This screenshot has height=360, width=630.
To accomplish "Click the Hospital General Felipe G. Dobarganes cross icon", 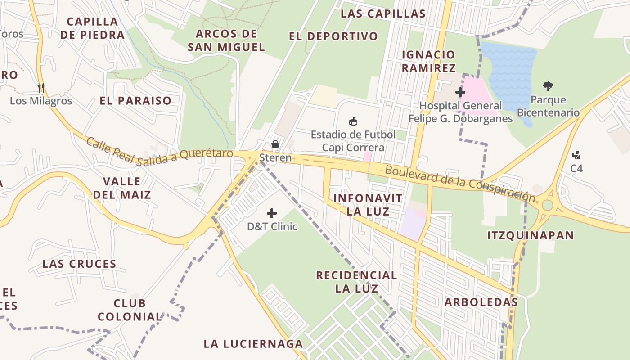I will click(x=460, y=92).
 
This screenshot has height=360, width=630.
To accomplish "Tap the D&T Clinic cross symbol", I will click(x=272, y=213).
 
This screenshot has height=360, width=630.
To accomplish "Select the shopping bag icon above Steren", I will click(x=275, y=144).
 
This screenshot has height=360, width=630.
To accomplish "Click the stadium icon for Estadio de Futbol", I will click(x=353, y=121).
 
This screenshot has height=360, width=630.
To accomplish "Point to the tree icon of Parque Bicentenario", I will click(x=548, y=86).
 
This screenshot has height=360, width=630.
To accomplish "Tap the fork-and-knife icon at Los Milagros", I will click(x=41, y=87).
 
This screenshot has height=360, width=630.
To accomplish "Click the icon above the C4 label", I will click(x=576, y=155).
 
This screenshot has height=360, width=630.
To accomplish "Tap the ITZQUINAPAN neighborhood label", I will click(x=531, y=235).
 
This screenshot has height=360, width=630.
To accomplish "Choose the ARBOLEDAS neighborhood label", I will click(x=481, y=302).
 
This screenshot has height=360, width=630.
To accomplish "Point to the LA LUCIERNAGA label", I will click(x=253, y=344).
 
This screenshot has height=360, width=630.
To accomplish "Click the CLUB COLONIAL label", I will click(x=130, y=310).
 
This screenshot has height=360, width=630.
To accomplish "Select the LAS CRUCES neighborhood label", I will click(x=79, y=264).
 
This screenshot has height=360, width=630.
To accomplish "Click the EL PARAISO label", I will click(x=135, y=100).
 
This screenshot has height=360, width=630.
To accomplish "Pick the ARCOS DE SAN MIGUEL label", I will click(x=226, y=40).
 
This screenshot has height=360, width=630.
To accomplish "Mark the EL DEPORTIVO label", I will click(x=333, y=36).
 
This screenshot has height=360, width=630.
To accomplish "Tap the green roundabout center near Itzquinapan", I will click(x=547, y=205).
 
